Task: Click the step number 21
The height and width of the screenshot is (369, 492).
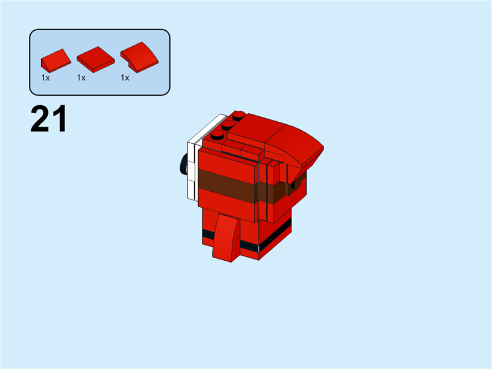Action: pos(49,119)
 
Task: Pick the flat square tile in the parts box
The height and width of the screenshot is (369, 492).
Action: pos(95,58)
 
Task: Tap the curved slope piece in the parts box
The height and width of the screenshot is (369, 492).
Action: pos(138,57)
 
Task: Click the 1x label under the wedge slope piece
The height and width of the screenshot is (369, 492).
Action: pos(46,78)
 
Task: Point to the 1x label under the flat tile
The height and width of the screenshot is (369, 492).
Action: pos(81,78)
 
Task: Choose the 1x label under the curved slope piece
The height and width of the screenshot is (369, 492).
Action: pos(125,78)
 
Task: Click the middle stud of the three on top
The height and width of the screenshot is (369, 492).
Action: pos(228,125)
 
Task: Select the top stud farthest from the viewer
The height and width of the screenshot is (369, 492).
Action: pos(238,115)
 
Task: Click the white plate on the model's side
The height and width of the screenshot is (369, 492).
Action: pos(191,169)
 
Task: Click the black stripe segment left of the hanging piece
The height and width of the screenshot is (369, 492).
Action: pos(207,232)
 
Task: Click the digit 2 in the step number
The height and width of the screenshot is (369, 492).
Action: pos(39,119)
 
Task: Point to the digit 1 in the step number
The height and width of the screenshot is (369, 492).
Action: pos(59,119)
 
